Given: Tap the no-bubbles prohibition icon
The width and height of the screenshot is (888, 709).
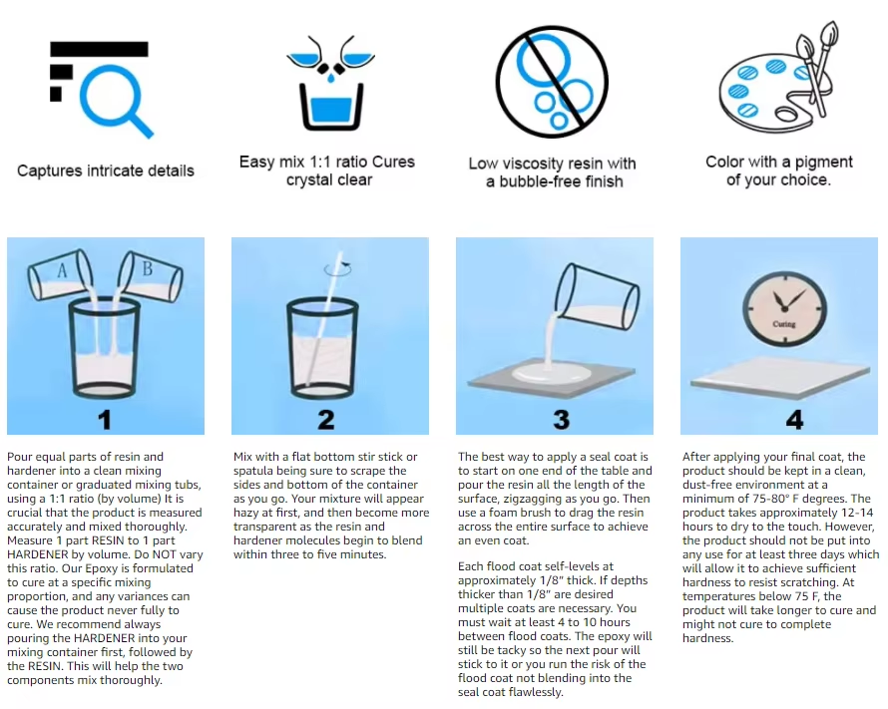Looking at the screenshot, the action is (x=552, y=82).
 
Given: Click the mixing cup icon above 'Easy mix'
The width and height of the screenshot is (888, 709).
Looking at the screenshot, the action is (x=330, y=83).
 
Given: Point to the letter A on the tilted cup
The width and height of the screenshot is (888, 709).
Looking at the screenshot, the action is (x=62, y=271).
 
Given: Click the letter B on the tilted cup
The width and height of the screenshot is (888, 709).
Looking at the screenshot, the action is (x=148, y=267).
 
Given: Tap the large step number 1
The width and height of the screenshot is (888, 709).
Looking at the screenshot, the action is (x=104, y=420).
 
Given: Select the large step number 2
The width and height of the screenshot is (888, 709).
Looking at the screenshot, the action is (x=325, y=420).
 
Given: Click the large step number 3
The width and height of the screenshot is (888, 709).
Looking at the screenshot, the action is (x=561, y=420).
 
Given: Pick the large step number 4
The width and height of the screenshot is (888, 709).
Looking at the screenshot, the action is (x=794, y=420).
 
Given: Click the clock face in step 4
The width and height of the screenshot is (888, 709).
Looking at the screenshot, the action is (x=785, y=309).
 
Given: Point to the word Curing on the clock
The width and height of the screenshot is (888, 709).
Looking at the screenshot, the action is (x=784, y=324).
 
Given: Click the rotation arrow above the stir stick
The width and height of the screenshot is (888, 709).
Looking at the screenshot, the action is (x=338, y=269).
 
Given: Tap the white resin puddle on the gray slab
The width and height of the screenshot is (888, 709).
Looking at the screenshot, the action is (x=551, y=373).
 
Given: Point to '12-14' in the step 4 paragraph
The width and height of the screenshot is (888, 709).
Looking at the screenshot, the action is (x=857, y=513).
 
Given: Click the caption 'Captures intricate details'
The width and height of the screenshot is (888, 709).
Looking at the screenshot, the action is (x=106, y=171).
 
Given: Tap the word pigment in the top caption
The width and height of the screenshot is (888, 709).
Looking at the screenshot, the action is (x=823, y=162).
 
